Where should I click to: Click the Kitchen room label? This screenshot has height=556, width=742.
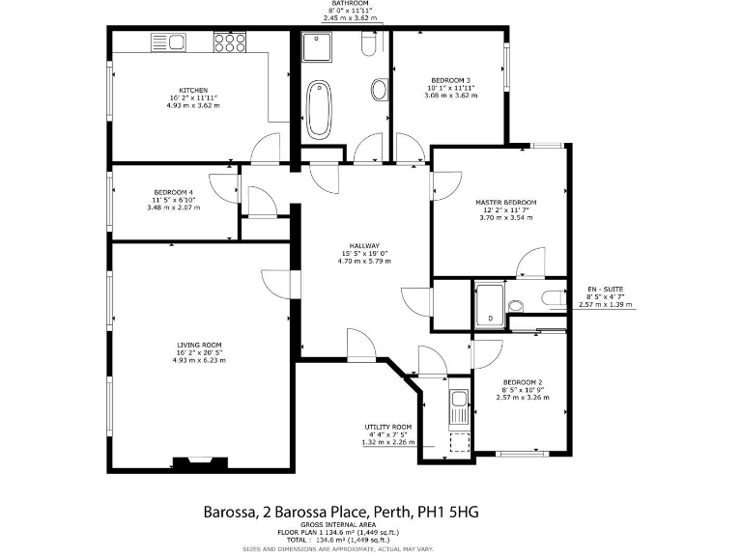coord(193,91)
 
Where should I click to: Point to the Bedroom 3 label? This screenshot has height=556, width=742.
coord(451,80)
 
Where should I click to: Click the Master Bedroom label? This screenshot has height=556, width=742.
coord(505,203)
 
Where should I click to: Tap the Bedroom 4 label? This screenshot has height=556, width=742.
coord(173,192)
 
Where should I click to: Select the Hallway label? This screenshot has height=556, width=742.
coord(364,245)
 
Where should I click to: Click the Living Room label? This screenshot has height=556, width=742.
coord(199,345)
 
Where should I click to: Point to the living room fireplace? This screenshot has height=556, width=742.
coord(200,462)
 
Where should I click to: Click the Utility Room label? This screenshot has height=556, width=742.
coord(388,427)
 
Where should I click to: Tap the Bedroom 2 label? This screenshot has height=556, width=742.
coord(521,382)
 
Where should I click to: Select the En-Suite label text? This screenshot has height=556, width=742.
coord(606,290)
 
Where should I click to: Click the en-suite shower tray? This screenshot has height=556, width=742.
coord(489,303)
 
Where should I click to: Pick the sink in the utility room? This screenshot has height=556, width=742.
coord(460,399)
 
